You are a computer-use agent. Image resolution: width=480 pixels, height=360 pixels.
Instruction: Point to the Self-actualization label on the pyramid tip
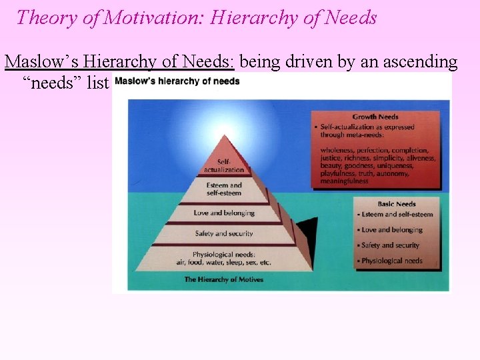(x=224, y=165)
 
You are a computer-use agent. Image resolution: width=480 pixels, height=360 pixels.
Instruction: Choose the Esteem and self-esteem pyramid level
(x=224, y=189)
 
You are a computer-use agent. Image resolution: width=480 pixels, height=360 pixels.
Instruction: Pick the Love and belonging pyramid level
(x=224, y=213)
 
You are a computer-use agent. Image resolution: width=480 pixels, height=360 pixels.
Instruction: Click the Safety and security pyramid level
(x=224, y=233)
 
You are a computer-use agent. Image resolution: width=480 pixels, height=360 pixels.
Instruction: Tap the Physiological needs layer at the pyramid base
(x=224, y=258)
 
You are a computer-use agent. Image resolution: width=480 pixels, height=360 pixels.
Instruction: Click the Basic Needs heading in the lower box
(x=397, y=204)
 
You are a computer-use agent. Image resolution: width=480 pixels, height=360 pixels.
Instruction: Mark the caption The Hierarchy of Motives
(x=223, y=279)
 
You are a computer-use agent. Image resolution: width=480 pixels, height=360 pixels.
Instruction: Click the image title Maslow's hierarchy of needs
(x=177, y=82)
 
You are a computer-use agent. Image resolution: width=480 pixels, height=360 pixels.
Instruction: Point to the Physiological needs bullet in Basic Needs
(x=391, y=261)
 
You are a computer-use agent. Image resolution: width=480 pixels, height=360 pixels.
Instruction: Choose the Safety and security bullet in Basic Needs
(x=391, y=245)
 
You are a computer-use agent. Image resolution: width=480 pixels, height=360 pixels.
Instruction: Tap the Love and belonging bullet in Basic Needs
(x=392, y=230)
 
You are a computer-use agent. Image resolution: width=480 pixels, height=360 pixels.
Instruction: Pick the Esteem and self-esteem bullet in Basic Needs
(x=397, y=215)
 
